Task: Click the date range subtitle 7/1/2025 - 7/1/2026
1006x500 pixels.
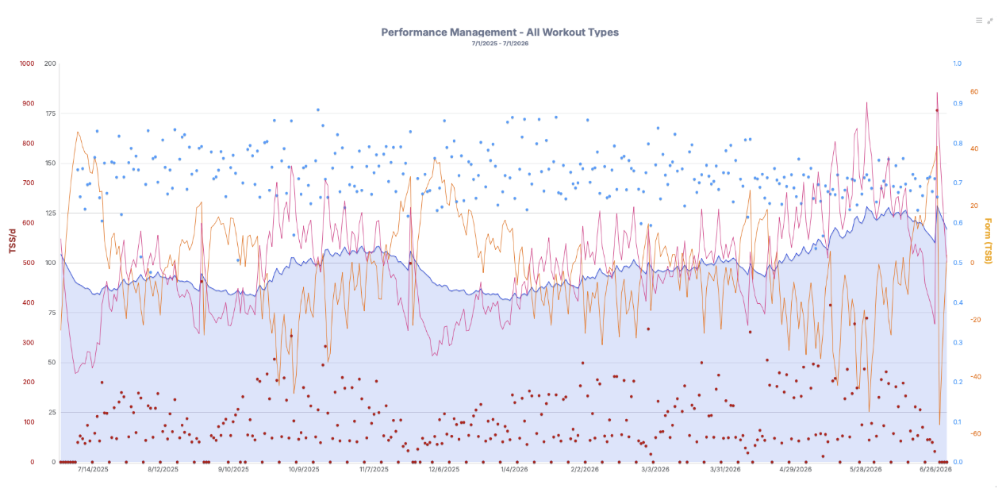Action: [x=500, y=44]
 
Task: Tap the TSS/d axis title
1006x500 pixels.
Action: [x=13, y=241]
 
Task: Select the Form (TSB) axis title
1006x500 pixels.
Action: [x=988, y=240]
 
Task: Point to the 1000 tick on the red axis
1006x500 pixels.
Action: [x=27, y=63]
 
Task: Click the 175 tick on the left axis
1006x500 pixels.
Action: [x=50, y=113]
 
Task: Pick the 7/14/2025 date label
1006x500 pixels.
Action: [x=93, y=470]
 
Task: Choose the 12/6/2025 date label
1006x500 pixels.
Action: [x=444, y=470]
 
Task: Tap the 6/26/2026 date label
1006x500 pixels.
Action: [x=935, y=470]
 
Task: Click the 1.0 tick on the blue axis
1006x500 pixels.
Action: [x=958, y=63]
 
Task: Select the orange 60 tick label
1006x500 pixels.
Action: [x=974, y=91]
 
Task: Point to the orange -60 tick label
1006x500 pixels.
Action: [x=976, y=434]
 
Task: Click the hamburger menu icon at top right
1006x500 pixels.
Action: [x=979, y=21]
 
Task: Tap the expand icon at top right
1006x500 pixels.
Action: [x=990, y=21]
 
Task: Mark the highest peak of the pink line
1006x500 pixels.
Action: [x=937, y=93]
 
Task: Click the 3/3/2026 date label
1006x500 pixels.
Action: [x=655, y=470]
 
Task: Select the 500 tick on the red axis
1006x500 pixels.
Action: [x=29, y=263]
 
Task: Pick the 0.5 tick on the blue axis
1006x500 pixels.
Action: [x=958, y=263]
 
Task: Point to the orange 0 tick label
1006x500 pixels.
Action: [x=973, y=263]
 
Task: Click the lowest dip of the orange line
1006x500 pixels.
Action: [x=939, y=424]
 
